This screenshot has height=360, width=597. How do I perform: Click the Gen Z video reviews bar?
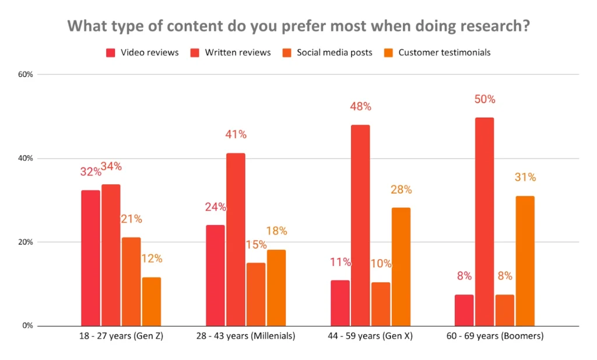click(90, 258)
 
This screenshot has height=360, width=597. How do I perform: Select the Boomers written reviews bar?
click(484, 222)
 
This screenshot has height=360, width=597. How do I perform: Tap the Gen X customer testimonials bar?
click(401, 267)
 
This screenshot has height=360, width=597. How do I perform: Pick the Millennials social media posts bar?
click(256, 294)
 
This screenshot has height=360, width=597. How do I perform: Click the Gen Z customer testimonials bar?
click(151, 302)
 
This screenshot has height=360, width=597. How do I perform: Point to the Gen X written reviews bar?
click(360, 225)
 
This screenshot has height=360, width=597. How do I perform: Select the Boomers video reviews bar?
click(464, 310)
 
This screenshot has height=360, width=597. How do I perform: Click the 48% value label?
click(360, 107)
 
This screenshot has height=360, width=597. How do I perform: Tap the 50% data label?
click(484, 99)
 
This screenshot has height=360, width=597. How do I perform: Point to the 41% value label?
click(236, 134)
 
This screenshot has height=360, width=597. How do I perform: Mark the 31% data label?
click(525, 177)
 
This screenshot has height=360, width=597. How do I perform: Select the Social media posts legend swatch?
click(287, 53)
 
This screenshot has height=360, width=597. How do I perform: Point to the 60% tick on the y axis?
click(26, 75)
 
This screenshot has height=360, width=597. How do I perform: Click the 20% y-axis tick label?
click(26, 242)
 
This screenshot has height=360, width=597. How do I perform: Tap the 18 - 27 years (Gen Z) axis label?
click(121, 337)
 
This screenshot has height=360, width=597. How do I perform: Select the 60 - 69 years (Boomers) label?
click(494, 337)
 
